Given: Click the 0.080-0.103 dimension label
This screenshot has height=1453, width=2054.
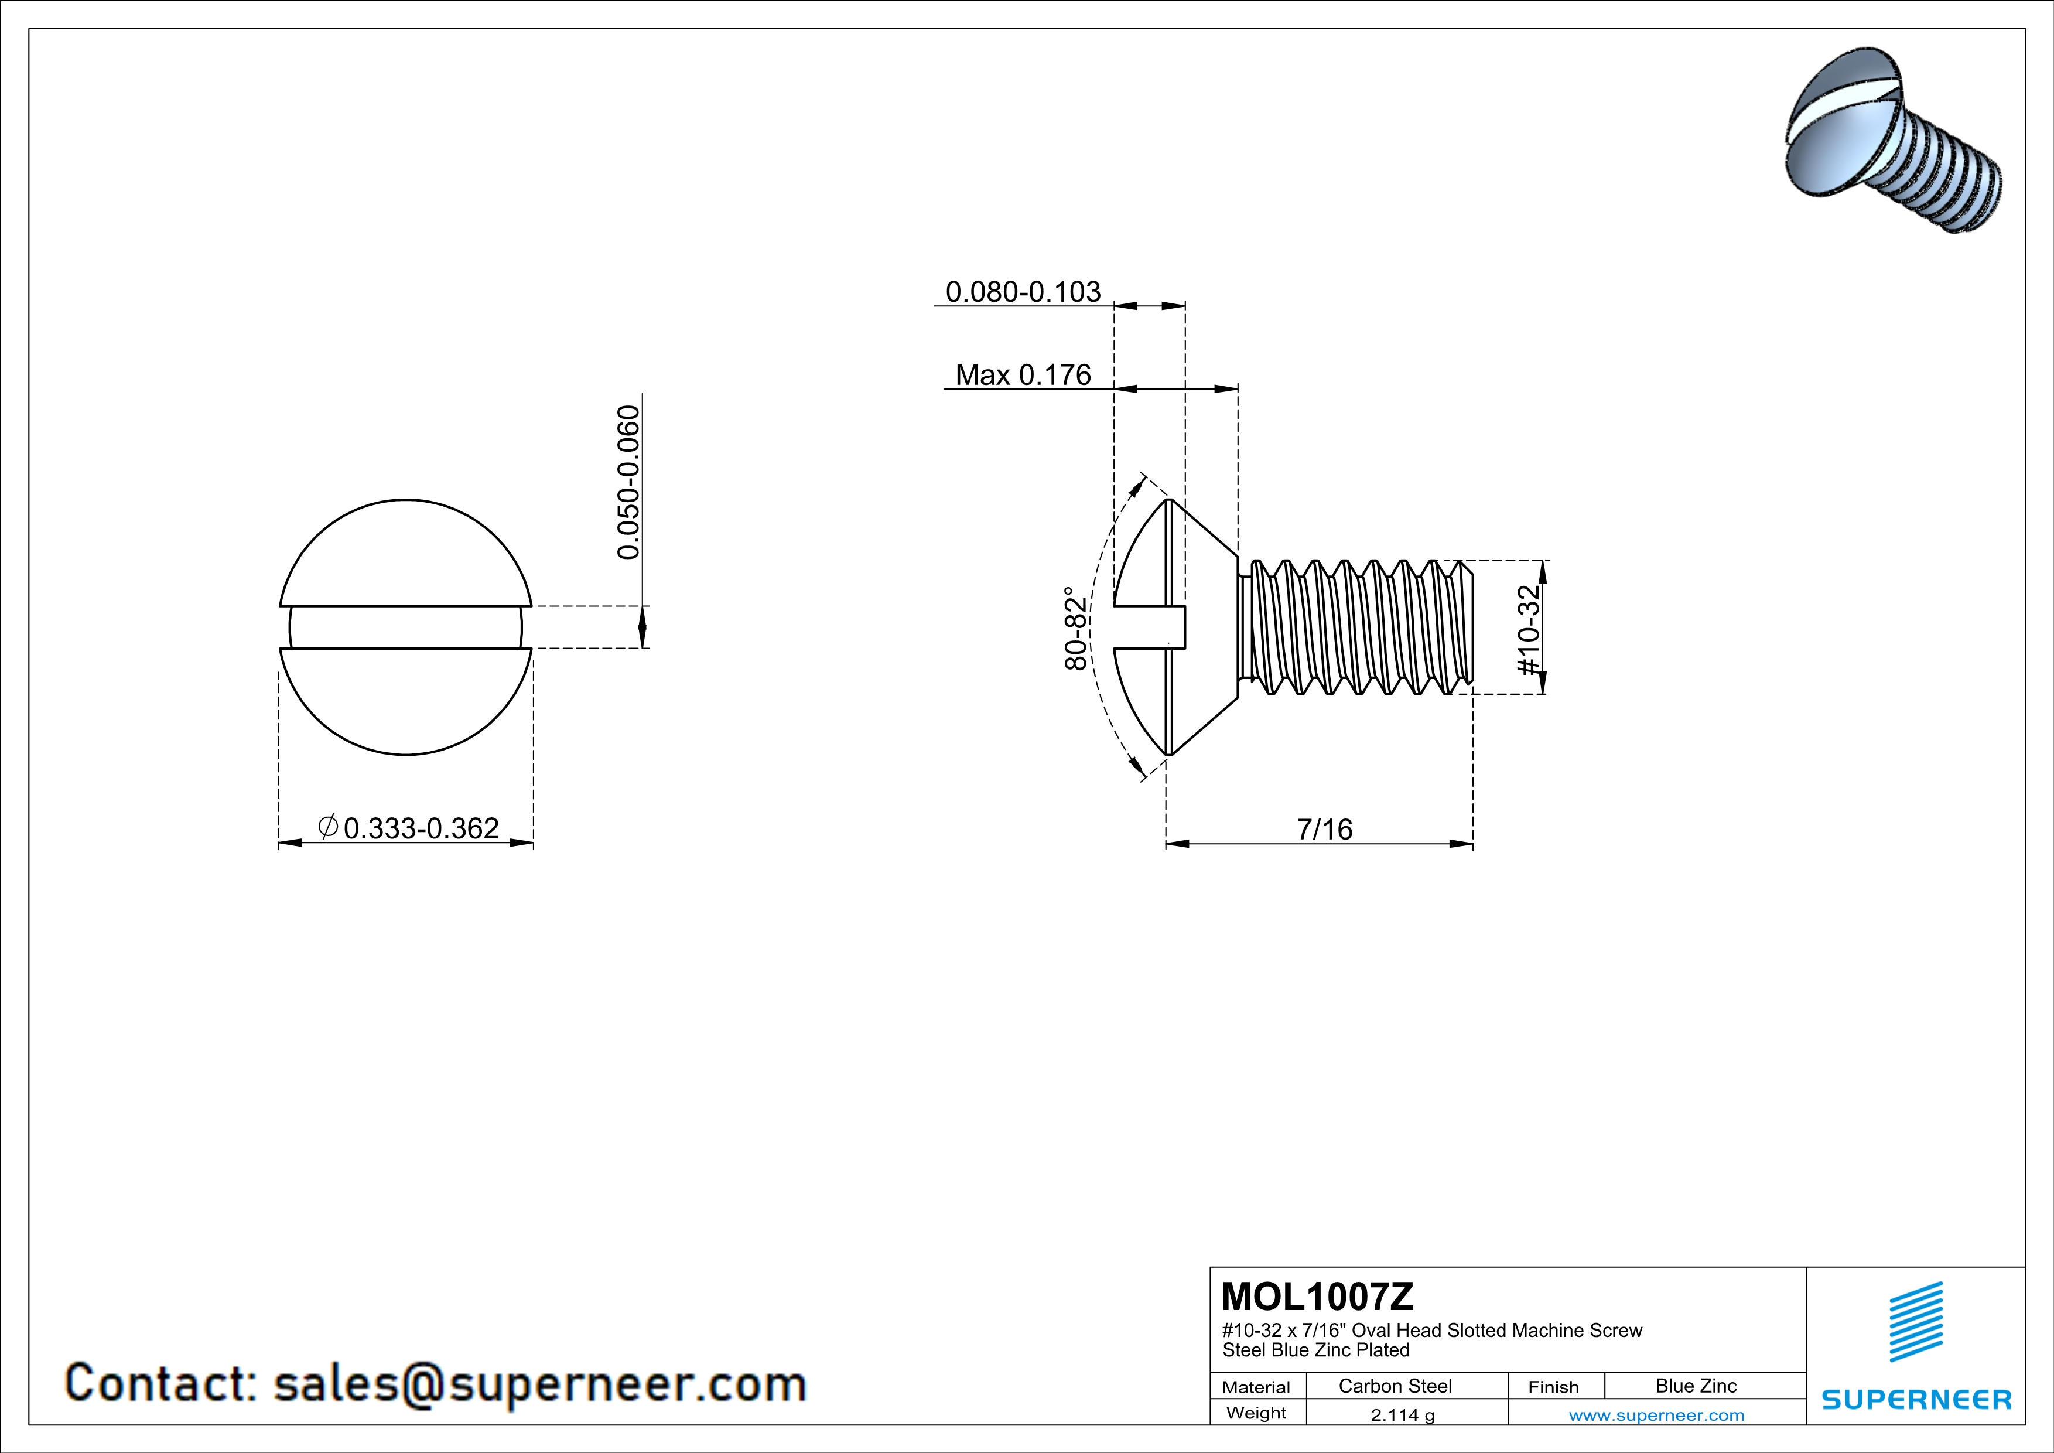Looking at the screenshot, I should click(1023, 292).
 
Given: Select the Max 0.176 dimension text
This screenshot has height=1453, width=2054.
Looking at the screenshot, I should click(1023, 375).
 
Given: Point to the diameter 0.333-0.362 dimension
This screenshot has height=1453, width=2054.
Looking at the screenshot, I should click(410, 828).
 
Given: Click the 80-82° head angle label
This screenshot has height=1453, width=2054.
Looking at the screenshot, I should click(1076, 628).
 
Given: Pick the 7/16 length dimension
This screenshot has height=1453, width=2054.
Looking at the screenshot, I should click(1325, 830).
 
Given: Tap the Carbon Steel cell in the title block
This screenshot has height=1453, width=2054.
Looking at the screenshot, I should click(1395, 1386).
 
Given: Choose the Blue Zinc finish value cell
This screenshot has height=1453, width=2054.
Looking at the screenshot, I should click(1695, 1386).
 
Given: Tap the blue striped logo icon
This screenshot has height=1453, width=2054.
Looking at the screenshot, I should click(1915, 1322).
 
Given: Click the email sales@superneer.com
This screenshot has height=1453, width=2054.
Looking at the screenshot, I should click(539, 1383).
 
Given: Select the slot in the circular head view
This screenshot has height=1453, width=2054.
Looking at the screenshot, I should click(405, 627).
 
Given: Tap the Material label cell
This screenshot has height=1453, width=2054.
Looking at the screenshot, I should click(1256, 1387).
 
